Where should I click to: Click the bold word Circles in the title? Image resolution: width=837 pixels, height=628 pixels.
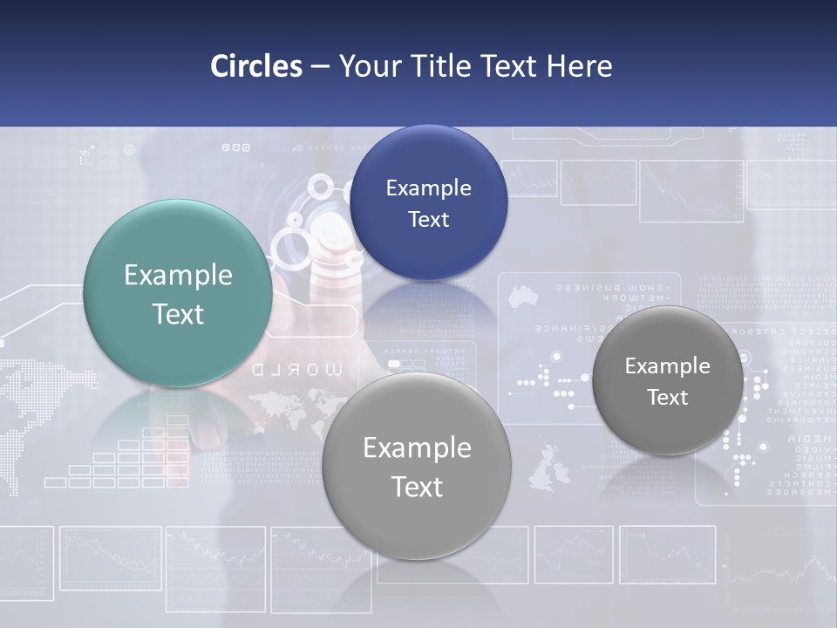(x=256, y=66)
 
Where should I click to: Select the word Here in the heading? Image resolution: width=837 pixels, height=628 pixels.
(x=579, y=66)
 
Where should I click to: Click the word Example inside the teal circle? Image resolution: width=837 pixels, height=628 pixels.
(x=178, y=276)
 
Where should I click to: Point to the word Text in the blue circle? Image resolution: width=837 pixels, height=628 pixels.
(x=428, y=220)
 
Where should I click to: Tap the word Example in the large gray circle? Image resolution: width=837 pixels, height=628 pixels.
(x=417, y=448)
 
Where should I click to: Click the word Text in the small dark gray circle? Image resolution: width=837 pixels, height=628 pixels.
(x=668, y=398)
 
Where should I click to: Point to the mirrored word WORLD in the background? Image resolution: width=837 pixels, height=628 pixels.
(x=298, y=369)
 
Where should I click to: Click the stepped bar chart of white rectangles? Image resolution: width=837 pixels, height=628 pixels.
(x=122, y=458)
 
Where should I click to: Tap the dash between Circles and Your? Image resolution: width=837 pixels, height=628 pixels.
(x=320, y=67)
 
